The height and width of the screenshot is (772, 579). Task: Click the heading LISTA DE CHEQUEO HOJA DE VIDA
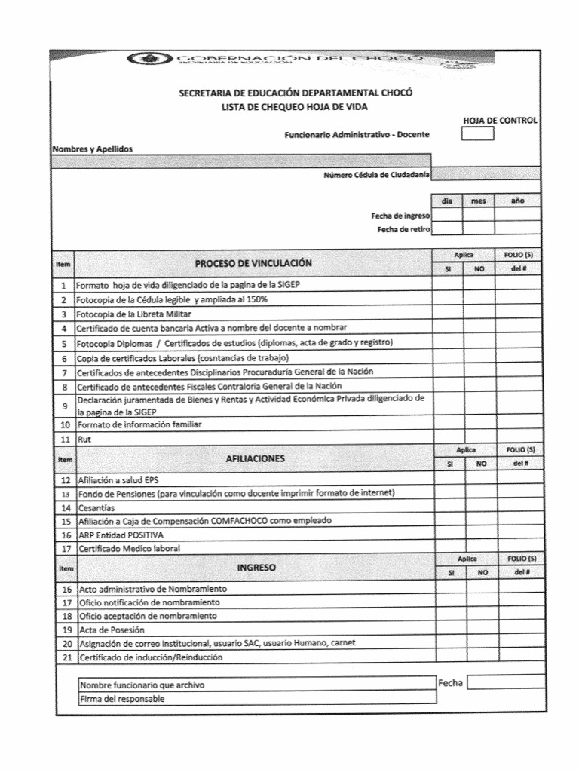tap(295, 108)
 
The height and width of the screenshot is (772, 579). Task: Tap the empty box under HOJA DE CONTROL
tap(477, 134)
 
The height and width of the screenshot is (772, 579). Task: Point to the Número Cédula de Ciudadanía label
tap(376, 175)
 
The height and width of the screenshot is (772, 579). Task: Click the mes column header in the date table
tap(478, 201)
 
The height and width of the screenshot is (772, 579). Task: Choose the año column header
tap(517, 201)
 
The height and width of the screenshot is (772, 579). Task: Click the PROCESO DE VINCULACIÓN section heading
tap(253, 263)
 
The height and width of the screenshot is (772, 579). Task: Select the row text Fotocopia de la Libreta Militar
tap(134, 314)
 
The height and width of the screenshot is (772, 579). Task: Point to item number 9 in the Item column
tap(65, 406)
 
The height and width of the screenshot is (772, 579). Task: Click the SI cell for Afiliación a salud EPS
tap(448, 479)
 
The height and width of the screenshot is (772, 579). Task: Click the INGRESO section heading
tap(256, 567)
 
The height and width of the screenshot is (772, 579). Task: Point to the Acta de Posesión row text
tap(112, 630)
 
